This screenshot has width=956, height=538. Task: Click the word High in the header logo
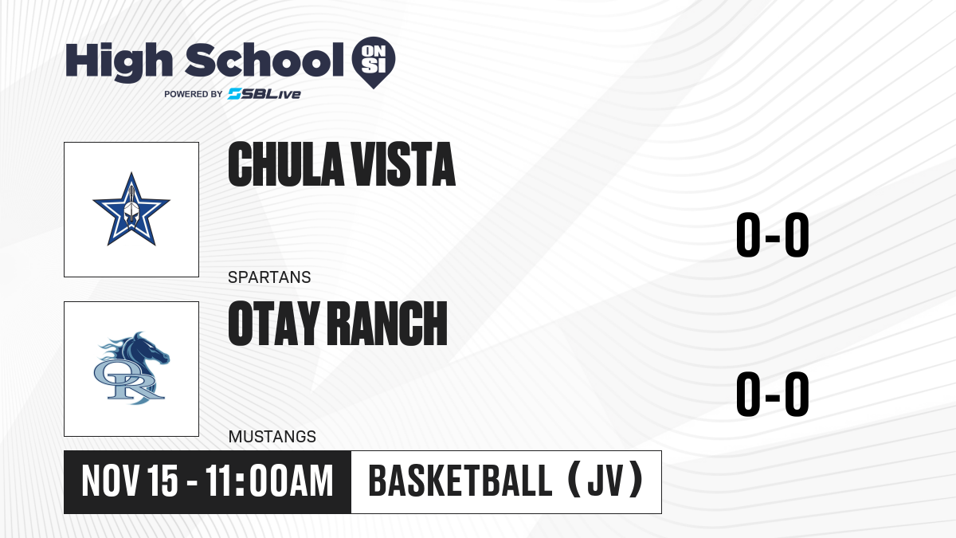[x=119, y=61]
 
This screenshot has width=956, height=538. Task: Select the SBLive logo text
[x=264, y=94]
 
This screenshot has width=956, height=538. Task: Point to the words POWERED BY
[x=194, y=94]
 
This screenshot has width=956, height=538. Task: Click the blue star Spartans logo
[x=131, y=209]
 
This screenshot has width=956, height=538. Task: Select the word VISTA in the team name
[x=403, y=164]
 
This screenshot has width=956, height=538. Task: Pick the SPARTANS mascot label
[x=269, y=277]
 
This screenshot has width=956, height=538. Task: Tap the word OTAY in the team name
[x=274, y=323]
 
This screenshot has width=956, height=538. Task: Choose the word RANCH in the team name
[x=387, y=323]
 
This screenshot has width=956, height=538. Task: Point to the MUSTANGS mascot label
[x=272, y=437]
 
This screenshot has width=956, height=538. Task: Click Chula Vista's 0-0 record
[x=773, y=234]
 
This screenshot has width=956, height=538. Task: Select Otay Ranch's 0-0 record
[x=773, y=394]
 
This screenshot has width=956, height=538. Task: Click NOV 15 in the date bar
[x=130, y=481]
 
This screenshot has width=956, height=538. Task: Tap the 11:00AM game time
[x=269, y=481]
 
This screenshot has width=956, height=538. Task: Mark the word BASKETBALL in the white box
[x=460, y=481]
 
